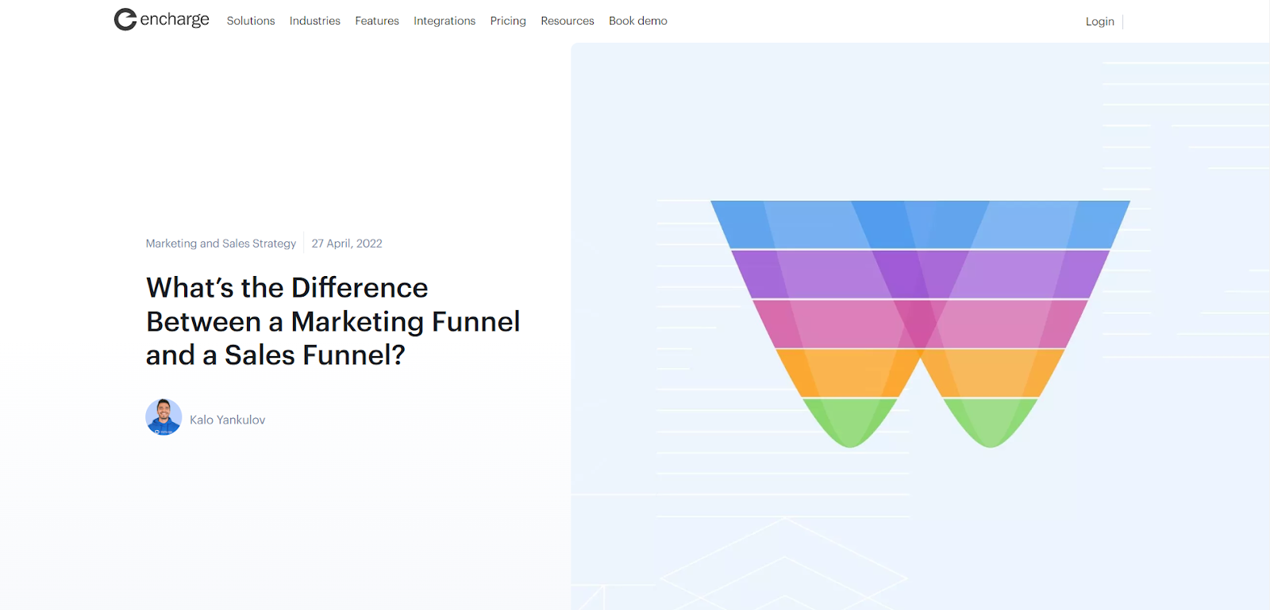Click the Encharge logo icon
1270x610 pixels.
pos(125,19)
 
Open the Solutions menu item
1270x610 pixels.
pos(251,21)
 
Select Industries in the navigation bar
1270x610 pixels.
pos(314,21)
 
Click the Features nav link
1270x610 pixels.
pos(377,21)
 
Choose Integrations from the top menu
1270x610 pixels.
pos(444,21)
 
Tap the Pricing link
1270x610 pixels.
pos(508,21)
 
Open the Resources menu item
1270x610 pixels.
pos(568,21)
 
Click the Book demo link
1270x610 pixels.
pos(638,21)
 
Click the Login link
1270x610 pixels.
pos(1100,21)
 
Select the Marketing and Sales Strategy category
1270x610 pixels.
pos(221,244)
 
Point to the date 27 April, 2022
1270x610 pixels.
pos(347,244)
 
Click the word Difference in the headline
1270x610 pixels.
pos(360,288)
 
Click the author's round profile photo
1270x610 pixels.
pos(164,417)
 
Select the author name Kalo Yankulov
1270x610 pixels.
pos(227,420)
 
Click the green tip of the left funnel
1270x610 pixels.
pos(850,420)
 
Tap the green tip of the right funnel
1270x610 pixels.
pos(991,420)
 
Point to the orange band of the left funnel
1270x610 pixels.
pos(848,374)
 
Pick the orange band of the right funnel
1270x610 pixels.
pos(993,374)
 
